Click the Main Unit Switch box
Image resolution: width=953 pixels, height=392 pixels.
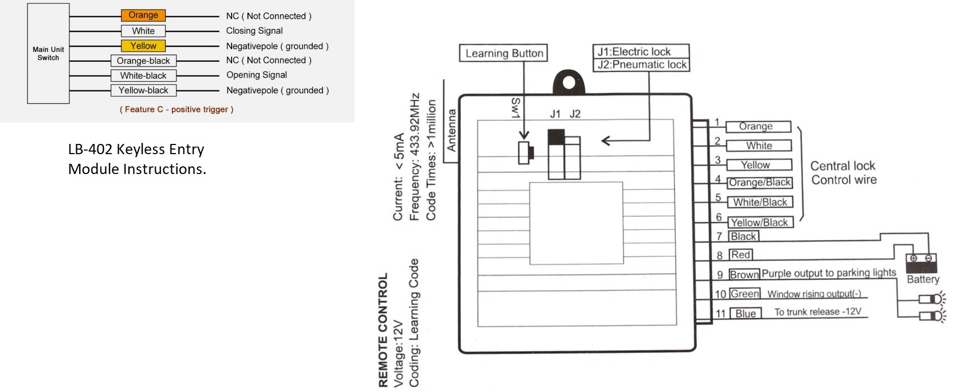click(48, 54)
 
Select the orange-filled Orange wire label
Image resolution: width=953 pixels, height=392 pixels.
click(143, 15)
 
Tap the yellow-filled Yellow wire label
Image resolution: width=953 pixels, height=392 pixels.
click(143, 46)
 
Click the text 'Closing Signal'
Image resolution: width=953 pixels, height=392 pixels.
click(254, 31)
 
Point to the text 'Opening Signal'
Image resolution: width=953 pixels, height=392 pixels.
click(257, 75)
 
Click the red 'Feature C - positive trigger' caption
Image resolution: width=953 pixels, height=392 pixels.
click(177, 109)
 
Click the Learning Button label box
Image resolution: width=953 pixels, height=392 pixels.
click(504, 53)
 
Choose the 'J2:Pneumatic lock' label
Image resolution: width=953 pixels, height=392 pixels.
click(641, 65)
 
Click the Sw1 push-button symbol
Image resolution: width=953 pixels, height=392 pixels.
click(525, 152)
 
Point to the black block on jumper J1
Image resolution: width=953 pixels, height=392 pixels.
click(556, 137)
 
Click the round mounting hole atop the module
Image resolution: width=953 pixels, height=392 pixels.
click(569, 83)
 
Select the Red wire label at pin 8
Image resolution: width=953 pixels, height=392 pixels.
click(741, 255)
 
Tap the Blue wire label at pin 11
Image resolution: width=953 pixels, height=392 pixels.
click(745, 313)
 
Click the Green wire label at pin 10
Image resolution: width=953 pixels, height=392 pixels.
click(745, 293)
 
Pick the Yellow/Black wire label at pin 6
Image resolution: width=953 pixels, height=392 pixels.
click(760, 223)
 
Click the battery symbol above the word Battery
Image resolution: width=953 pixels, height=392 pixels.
click(921, 262)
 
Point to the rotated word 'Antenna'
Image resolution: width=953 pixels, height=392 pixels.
click(452, 131)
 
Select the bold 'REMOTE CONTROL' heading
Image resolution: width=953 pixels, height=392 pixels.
click(383, 329)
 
